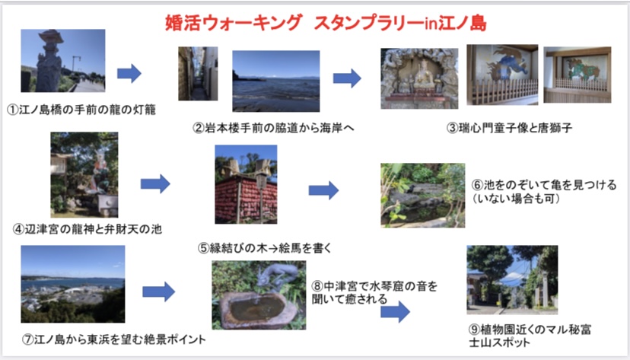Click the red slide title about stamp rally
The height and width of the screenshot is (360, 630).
[x=326, y=23]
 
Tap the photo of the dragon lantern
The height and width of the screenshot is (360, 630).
[x=63, y=61]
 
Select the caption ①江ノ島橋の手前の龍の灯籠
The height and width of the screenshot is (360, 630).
[x=81, y=110]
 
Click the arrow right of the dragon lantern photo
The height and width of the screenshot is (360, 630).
[x=129, y=74]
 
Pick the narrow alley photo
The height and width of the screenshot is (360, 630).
[x=198, y=74]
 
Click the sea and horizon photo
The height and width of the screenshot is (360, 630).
[x=276, y=81]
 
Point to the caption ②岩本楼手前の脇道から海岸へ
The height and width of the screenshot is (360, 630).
[x=274, y=128]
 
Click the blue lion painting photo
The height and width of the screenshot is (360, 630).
[x=502, y=75]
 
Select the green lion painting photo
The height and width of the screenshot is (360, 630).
[x=577, y=75]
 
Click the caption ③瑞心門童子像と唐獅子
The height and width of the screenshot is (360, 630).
[x=510, y=128]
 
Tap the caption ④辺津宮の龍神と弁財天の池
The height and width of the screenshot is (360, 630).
[x=87, y=229]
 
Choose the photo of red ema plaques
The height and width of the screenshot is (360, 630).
[x=246, y=184]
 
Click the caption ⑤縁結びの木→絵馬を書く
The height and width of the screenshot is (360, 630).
[x=265, y=248]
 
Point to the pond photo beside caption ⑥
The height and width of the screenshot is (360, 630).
[x=423, y=196]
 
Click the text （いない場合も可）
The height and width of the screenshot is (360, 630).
[x=517, y=199]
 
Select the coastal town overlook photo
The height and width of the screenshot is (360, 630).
[x=73, y=284]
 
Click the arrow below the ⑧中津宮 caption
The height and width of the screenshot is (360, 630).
[x=396, y=312]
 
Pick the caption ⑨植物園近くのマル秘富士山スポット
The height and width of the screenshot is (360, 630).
[x=530, y=336]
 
